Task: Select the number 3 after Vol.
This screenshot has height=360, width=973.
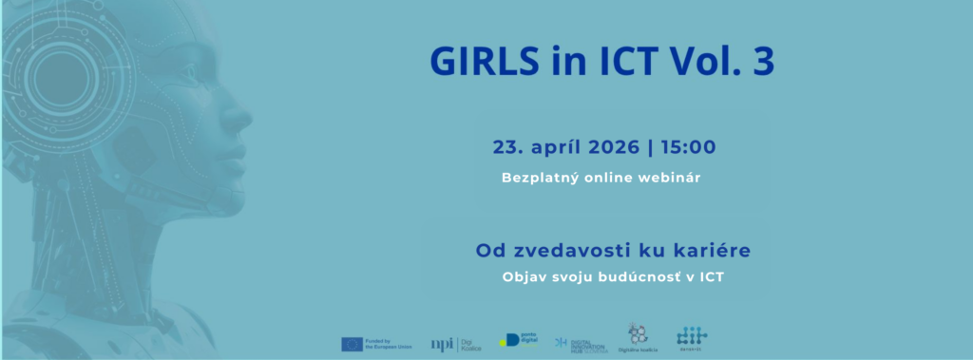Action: click(763, 61)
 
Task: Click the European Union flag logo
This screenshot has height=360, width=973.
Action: click(352, 344)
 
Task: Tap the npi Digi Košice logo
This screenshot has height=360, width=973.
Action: click(456, 344)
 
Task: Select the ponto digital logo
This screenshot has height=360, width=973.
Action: click(519, 340)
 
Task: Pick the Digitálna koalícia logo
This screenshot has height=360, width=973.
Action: click(637, 337)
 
